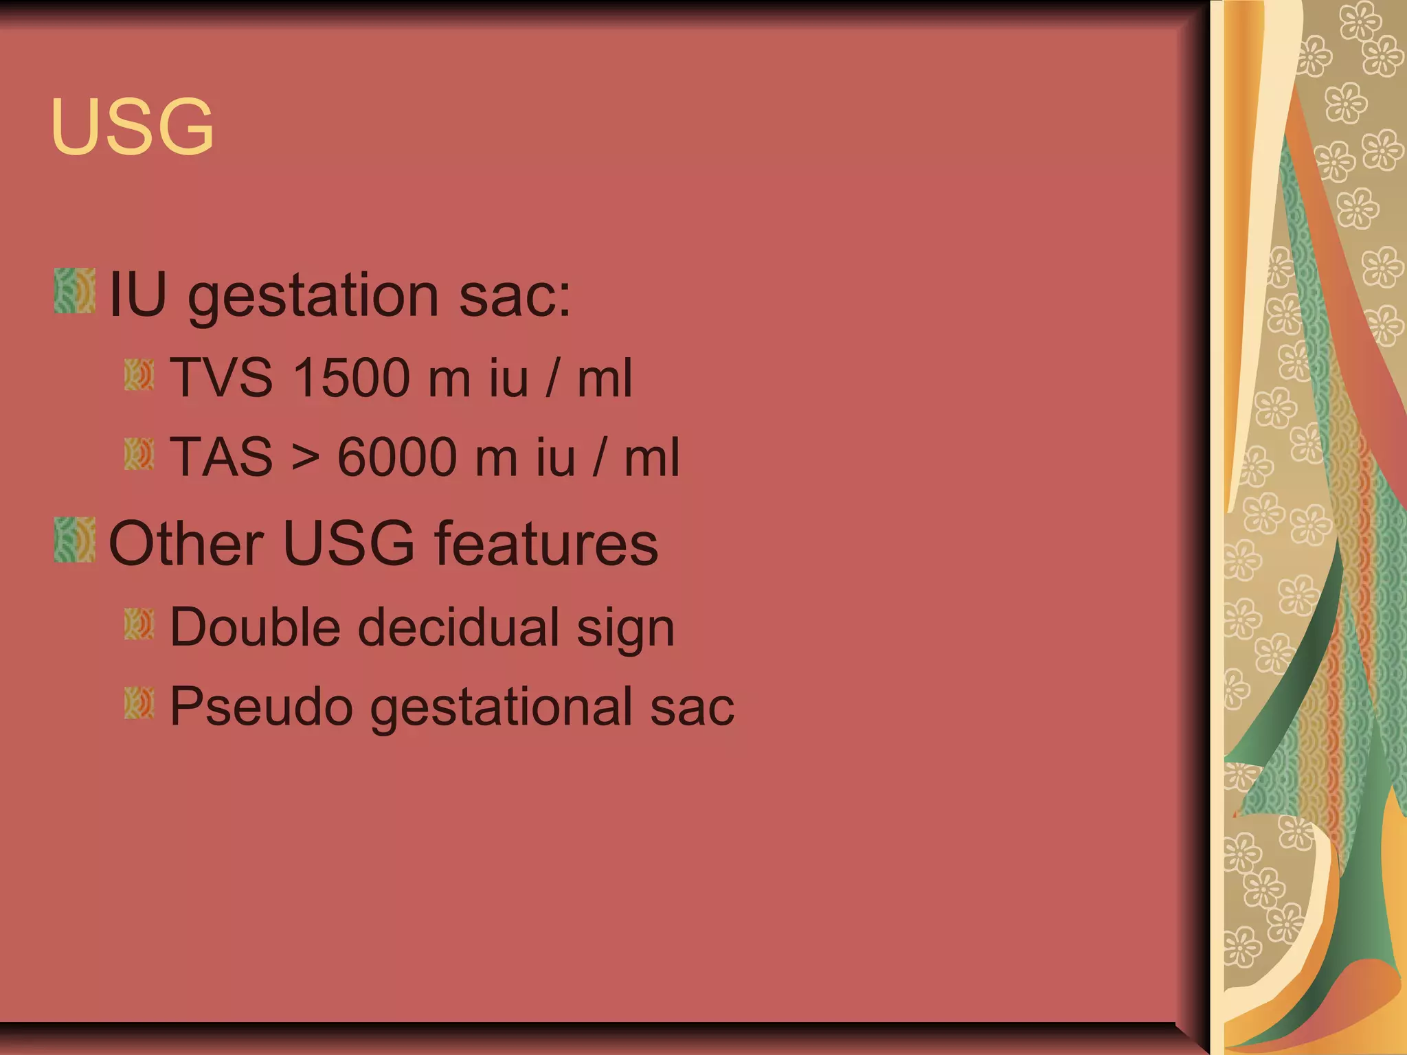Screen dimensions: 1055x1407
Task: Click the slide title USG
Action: [x=132, y=126]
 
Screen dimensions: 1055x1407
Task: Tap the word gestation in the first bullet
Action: [x=313, y=297]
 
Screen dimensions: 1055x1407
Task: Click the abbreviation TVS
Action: [x=221, y=378]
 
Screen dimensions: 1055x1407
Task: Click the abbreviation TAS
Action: [x=221, y=457]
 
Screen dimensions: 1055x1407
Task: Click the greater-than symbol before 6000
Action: [x=305, y=458]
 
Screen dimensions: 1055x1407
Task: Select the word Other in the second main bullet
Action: [x=186, y=544]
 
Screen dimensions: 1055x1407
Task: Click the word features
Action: [x=546, y=544]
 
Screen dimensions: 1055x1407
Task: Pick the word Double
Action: [x=255, y=627]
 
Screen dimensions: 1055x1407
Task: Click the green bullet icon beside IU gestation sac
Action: [x=74, y=291]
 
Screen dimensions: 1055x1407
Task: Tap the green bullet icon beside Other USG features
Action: [x=74, y=540]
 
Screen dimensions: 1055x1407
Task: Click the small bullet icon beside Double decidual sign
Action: [x=139, y=624]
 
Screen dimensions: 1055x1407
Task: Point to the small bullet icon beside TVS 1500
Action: [x=139, y=375]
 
